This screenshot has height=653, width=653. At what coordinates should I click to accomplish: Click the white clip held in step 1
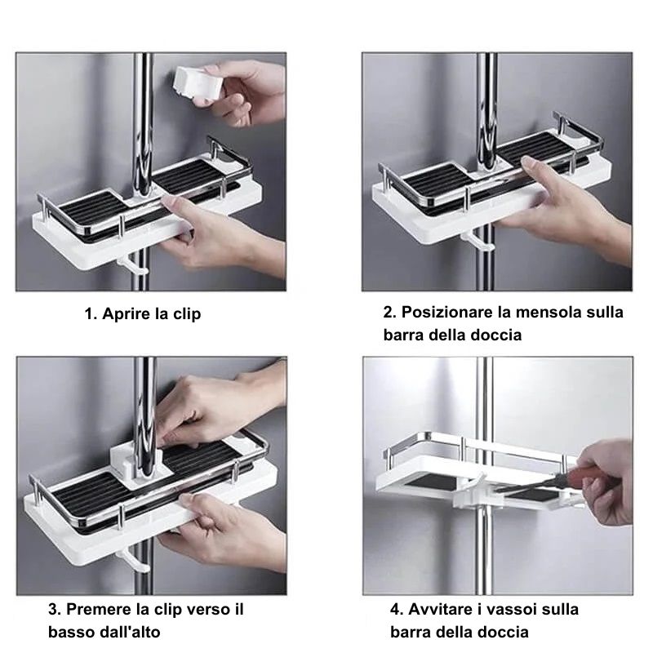[x=196, y=83]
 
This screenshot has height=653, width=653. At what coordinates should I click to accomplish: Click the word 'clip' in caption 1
[x=187, y=313]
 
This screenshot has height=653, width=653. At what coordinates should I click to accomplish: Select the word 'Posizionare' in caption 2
[x=446, y=312]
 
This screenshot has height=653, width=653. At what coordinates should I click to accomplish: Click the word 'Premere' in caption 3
[x=99, y=609]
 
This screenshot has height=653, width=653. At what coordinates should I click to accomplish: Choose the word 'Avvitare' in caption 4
[x=440, y=609]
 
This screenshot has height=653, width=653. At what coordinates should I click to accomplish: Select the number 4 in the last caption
[x=395, y=609]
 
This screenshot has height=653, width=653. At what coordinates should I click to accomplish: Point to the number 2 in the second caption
[x=389, y=312]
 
